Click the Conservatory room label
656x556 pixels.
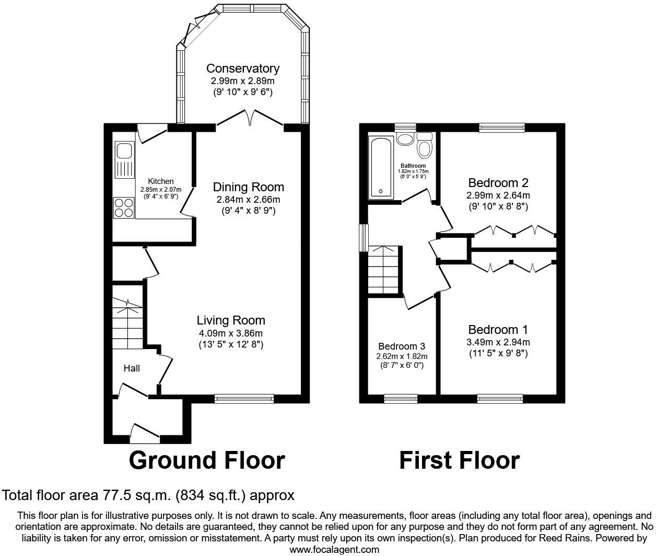[x=243, y=68]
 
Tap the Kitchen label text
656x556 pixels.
[x=161, y=181]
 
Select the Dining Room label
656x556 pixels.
[x=249, y=187]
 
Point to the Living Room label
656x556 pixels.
[x=231, y=320]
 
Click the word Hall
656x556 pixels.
[x=132, y=368]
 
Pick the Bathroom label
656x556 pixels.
[x=413, y=166]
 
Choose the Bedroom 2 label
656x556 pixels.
[x=498, y=183]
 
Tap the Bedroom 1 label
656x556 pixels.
[x=498, y=330]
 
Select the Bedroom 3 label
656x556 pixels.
[x=402, y=346]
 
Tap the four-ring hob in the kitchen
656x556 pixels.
[x=124, y=207]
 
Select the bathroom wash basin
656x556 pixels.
[x=405, y=140]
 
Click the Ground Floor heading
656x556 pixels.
[x=207, y=460]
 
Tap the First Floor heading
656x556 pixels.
[x=460, y=460]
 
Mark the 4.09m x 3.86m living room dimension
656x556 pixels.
[x=231, y=333]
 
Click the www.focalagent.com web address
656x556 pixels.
[x=334, y=549]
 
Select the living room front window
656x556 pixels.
[x=244, y=399]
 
